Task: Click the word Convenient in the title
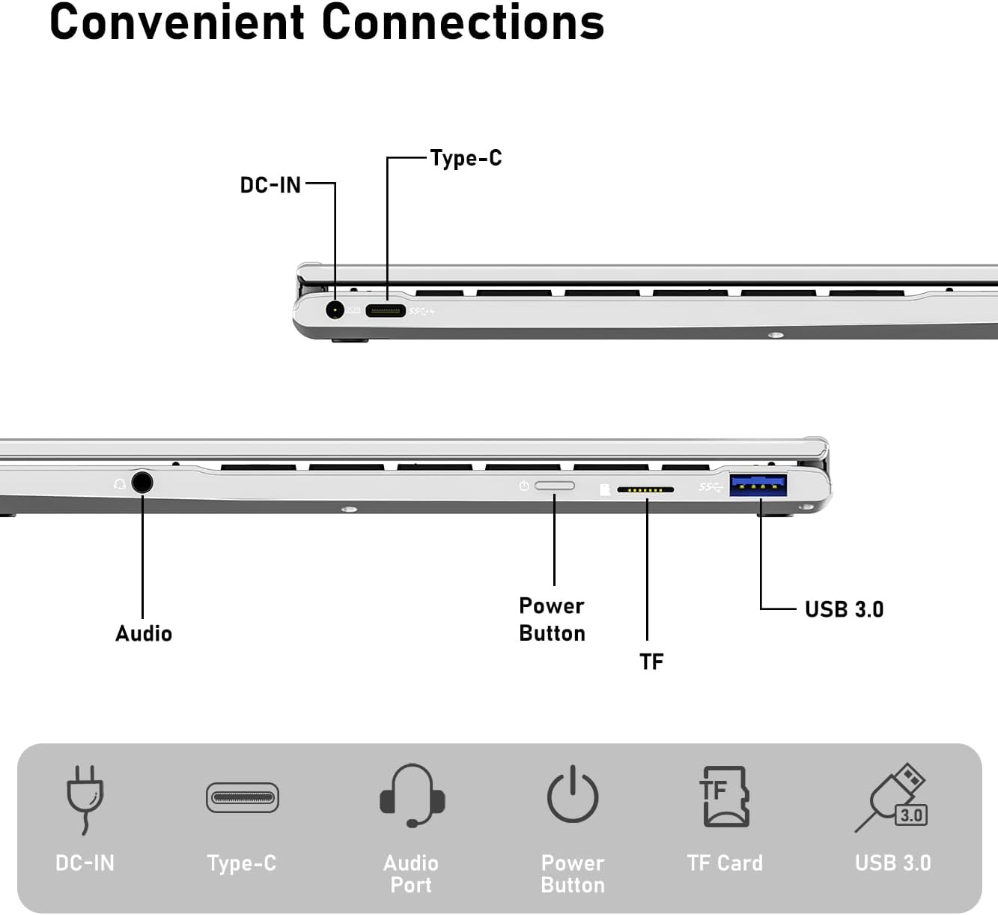pos(177,22)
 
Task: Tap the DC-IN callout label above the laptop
pos(270,185)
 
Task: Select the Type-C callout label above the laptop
pos(466,158)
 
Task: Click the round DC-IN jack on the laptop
pos(335,309)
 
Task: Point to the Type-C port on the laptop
pos(386,310)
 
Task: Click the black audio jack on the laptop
pos(142,482)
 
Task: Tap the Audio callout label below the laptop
pos(144,634)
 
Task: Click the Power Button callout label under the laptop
pos(552,619)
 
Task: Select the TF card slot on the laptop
pos(645,490)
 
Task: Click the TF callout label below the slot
pos(651,662)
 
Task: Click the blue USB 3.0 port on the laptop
pos(758,486)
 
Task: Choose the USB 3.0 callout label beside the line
pos(844,609)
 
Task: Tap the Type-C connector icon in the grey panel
pos(242,797)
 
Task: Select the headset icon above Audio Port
pos(412,795)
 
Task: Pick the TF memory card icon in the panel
pos(725,796)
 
